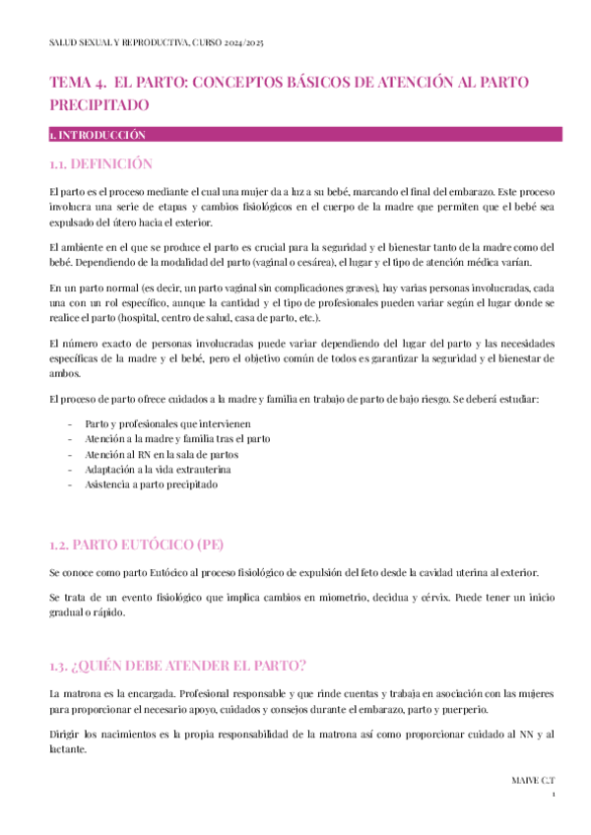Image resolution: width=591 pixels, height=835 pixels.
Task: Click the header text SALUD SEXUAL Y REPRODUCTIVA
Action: pyautogui.click(x=118, y=44)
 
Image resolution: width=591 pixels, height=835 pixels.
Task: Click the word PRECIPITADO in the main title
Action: pyautogui.click(x=99, y=103)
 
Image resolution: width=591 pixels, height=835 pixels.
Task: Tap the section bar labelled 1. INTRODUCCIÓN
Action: pyautogui.click(x=98, y=134)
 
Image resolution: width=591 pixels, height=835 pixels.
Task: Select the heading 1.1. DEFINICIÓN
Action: pyautogui.click(x=101, y=163)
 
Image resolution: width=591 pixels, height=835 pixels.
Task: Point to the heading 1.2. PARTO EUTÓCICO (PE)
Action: pyautogui.click(x=138, y=545)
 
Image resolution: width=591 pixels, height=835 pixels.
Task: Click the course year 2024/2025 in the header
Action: pyautogui.click(x=241, y=44)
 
